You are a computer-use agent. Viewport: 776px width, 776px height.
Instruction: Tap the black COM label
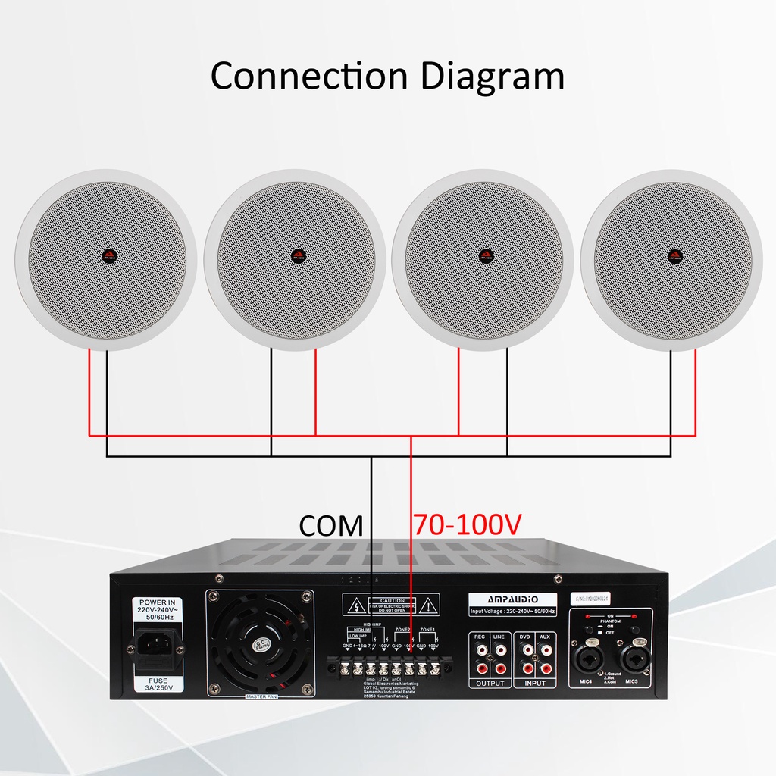point(331,525)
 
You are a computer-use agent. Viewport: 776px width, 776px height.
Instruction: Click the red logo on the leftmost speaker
point(106,255)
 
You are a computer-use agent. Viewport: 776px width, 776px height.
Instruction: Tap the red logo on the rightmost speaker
point(671,255)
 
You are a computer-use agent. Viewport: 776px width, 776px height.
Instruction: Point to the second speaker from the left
point(295,259)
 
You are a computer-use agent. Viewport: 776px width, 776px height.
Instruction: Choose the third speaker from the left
point(483,259)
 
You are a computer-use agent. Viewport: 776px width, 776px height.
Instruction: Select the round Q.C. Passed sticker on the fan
point(261,644)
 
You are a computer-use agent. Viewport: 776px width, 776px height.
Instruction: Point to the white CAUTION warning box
point(392,604)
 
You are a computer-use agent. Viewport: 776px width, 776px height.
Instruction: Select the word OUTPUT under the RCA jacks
point(490,684)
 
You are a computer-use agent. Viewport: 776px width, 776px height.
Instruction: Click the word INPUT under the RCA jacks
point(535,684)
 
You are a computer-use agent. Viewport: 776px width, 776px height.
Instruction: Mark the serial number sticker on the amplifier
point(593,597)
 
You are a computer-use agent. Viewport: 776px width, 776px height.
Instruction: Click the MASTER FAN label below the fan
point(261,696)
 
